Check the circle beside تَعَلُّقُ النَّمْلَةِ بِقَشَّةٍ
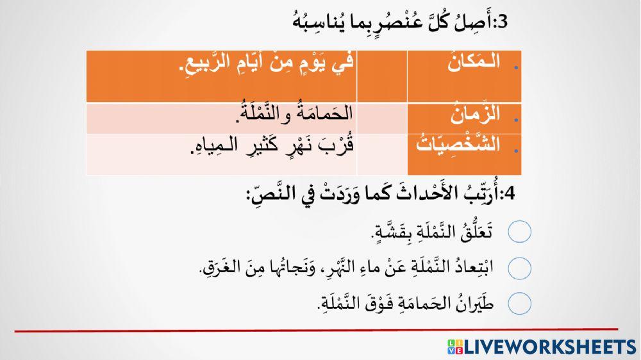[x=520, y=232]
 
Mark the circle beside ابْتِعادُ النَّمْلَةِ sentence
[x=520, y=268]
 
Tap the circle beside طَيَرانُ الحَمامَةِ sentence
[x=520, y=302]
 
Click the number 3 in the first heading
[x=502, y=23]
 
